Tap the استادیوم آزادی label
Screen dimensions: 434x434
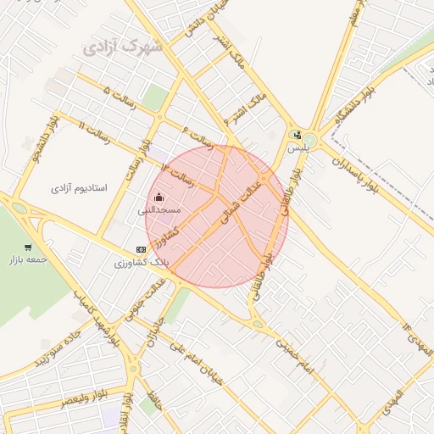point(79,186)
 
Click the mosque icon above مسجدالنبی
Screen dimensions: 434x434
point(159,197)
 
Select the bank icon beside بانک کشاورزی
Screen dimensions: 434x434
point(141,249)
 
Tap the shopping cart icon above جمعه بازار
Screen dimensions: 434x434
point(28,248)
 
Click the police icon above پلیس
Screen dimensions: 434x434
point(297,134)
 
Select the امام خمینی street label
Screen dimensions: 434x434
point(295,355)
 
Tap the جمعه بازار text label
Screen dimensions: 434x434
point(25,261)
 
